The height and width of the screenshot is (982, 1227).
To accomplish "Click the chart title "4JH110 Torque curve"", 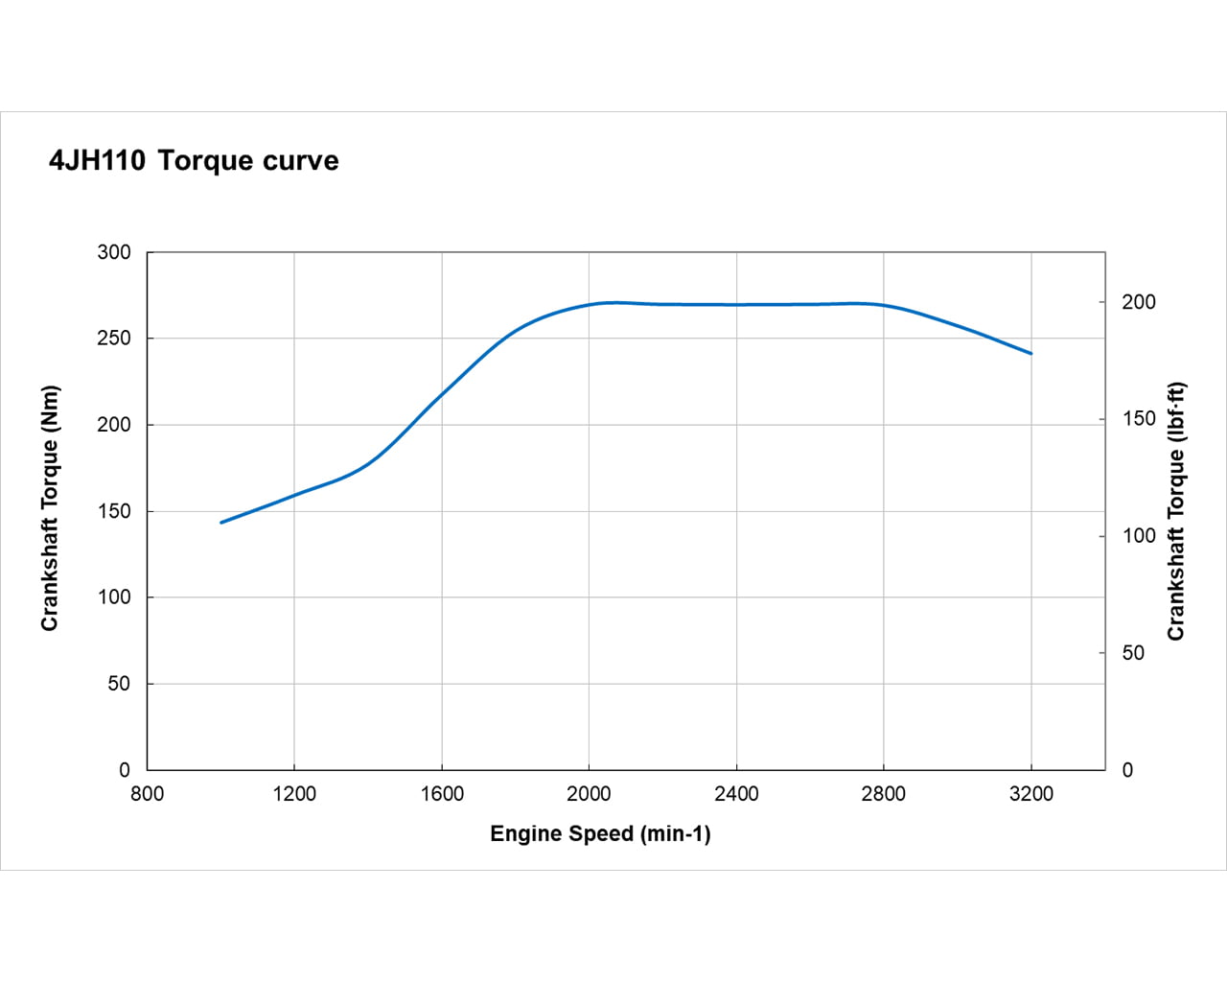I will coord(194,160).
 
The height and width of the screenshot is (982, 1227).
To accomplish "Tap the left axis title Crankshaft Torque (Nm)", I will coord(50,508).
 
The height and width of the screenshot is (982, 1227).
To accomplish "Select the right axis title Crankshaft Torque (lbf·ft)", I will coord(1176,511).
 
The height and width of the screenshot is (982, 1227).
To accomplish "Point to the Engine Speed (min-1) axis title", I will coord(600,833).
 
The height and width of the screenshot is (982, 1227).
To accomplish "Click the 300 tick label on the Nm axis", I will coord(114,252).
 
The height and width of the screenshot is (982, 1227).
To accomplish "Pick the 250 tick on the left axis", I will coord(114,339).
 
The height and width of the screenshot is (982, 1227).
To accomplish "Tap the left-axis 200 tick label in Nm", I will coord(114,425).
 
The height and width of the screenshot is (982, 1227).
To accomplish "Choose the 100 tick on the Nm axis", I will coord(114,596).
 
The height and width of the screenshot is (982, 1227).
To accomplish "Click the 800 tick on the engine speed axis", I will coord(147,794).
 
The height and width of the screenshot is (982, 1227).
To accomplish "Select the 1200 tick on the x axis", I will coord(294,794).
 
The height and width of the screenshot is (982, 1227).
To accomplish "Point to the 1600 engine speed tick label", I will coord(442,794).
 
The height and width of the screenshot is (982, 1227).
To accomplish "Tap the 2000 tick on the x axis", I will coord(589,794).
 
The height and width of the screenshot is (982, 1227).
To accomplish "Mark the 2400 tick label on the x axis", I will coord(736,794).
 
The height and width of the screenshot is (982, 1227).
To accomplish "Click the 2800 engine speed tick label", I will coord(884,794).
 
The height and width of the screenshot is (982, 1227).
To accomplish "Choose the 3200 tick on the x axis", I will coord(1031,794).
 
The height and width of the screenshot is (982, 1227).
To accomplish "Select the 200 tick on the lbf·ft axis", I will coord(1139,302).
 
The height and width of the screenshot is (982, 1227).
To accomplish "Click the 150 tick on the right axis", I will coord(1139,419).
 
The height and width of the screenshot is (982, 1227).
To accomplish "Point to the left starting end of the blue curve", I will coord(221,523).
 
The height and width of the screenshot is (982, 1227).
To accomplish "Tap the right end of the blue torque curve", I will coord(1031,354).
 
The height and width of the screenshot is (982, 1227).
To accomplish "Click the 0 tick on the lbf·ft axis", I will coord(1127,770).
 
